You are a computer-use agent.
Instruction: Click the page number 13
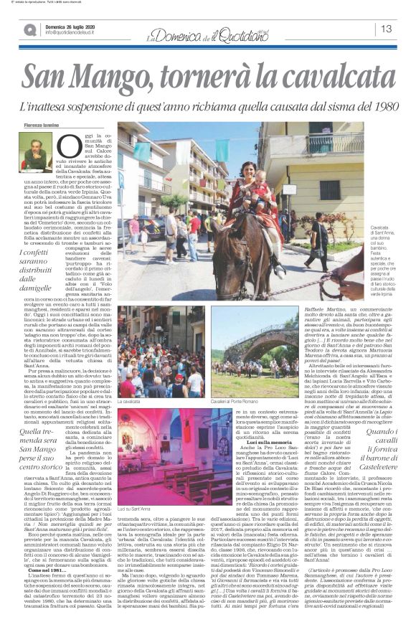[x=386, y=29]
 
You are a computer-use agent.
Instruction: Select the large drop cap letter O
[x=65, y=146]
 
